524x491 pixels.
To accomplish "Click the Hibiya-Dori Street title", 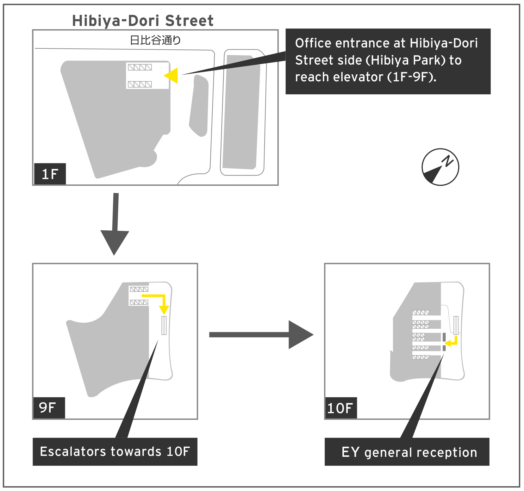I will coord(143,21).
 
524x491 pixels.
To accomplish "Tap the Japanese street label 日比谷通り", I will coord(155,40).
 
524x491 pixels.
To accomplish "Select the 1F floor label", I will coord(50,174).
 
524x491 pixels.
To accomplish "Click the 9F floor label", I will coord(48,408).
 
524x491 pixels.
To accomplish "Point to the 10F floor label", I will coord(340,408).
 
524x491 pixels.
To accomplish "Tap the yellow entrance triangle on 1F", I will coord(172,76).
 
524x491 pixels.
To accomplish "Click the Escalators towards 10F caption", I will coord(115,451).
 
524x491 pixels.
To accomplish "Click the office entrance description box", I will coord(388,61).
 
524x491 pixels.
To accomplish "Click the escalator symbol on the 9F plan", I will coord(164,325).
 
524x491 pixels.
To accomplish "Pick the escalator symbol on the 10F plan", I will coord(456,325).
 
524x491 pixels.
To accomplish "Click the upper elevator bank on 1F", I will coord(140,67).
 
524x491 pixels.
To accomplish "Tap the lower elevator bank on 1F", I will coord(140,84).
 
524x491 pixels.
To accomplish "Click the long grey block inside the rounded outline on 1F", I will coord(241,112).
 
